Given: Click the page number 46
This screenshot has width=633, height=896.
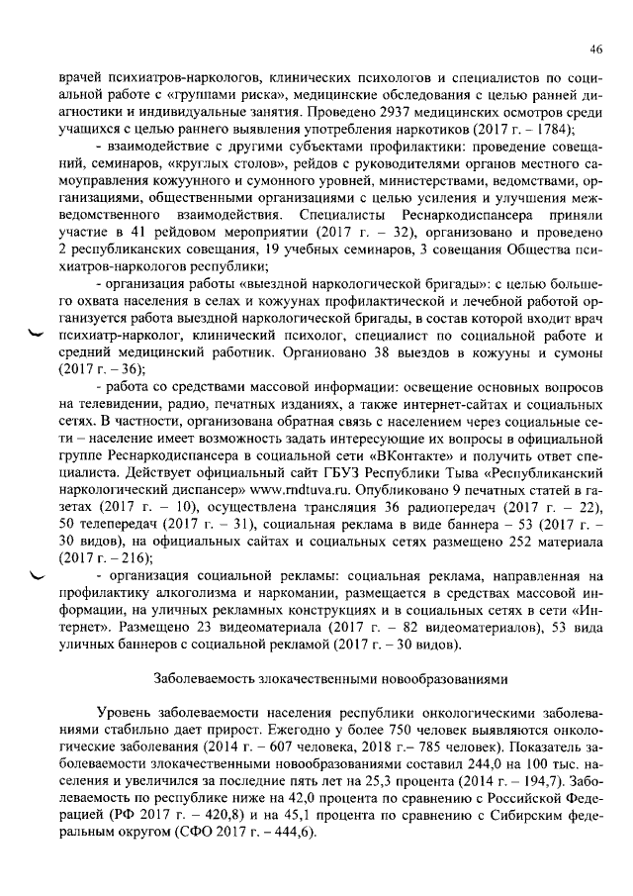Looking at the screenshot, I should (x=595, y=50).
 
